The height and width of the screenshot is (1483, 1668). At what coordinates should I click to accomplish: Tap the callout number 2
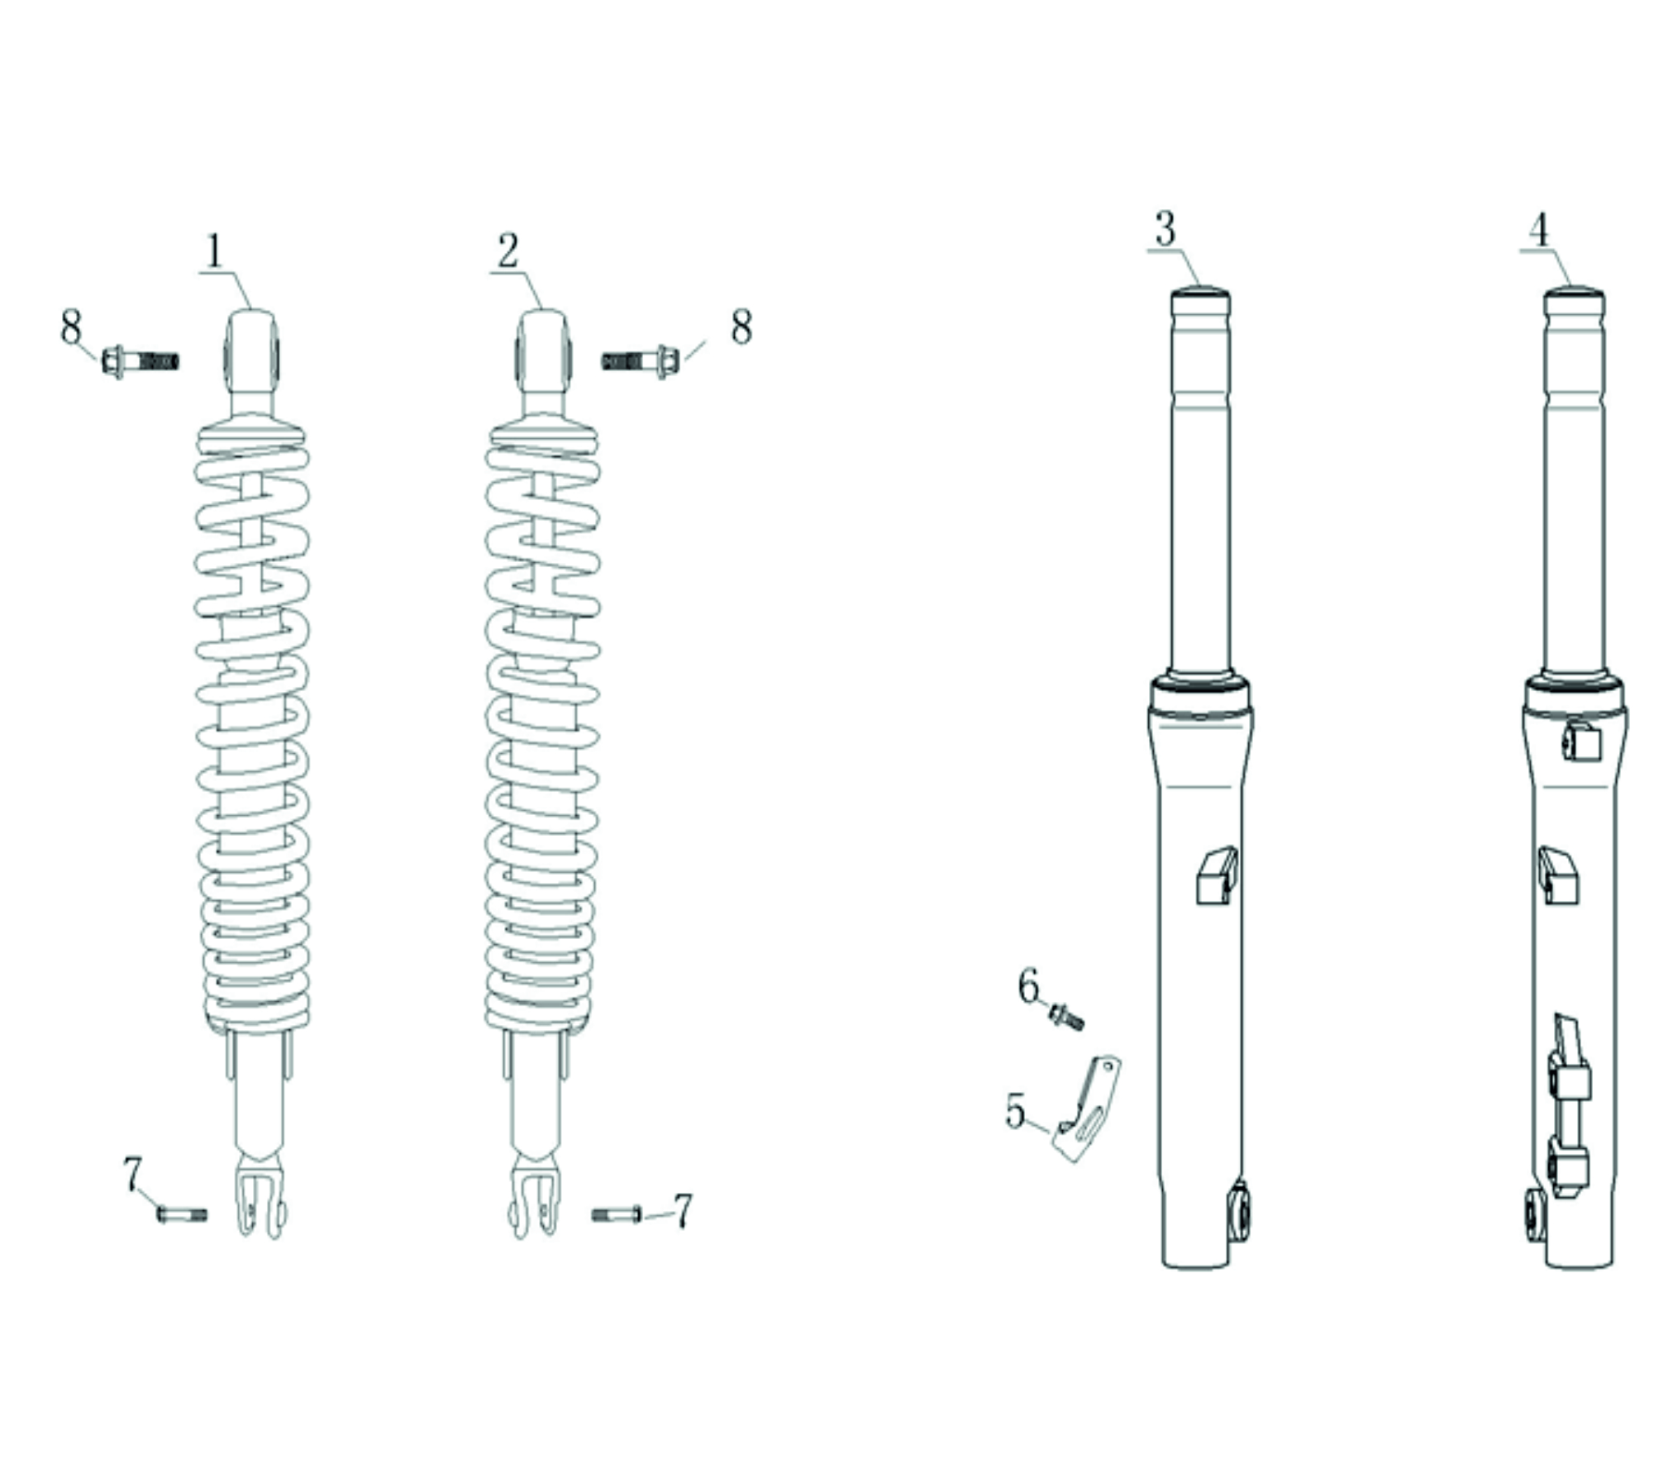[507, 251]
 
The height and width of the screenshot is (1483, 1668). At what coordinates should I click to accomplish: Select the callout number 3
[1165, 229]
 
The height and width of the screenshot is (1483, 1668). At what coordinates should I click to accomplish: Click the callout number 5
[1015, 1110]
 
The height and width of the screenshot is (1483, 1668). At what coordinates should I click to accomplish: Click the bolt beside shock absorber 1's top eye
[141, 361]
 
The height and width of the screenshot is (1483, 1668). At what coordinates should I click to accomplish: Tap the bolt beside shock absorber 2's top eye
[641, 361]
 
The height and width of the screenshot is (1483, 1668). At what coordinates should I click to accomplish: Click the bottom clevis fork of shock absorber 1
[261, 1199]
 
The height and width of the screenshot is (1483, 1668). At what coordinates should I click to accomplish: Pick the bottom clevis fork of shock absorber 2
[534, 1199]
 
